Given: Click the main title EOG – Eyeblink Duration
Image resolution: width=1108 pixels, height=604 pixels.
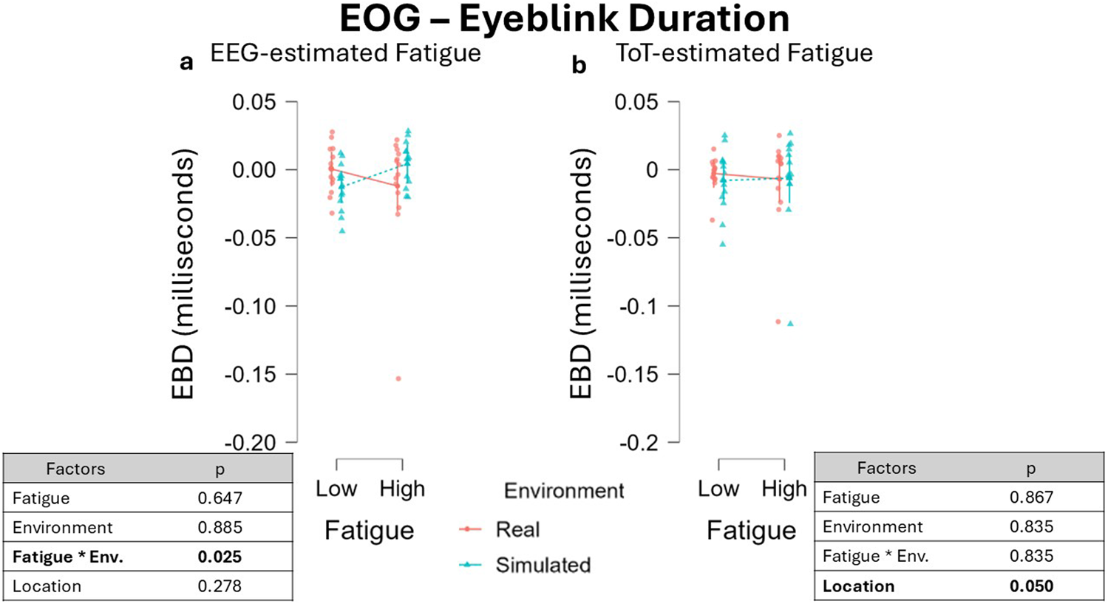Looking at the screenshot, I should pyautogui.click(x=564, y=19).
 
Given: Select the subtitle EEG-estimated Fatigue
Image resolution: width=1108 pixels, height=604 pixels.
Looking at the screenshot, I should pyautogui.click(x=345, y=53).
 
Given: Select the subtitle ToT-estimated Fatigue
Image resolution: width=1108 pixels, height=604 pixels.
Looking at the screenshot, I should pyautogui.click(x=744, y=53).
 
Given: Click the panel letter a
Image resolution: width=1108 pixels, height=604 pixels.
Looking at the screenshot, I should pyautogui.click(x=186, y=63).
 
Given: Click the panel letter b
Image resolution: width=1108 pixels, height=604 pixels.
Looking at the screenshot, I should pyautogui.click(x=579, y=66).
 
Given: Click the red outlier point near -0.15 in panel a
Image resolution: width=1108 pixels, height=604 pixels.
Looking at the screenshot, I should pyautogui.click(x=398, y=379).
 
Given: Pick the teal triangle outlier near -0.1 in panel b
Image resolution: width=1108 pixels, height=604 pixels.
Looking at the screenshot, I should pyautogui.click(x=790, y=323).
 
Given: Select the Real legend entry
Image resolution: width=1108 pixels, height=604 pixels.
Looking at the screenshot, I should pyautogui.click(x=517, y=529).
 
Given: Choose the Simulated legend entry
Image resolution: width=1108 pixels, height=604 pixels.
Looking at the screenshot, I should pyautogui.click(x=543, y=565).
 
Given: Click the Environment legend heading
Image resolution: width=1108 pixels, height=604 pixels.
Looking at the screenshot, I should pyautogui.click(x=564, y=491).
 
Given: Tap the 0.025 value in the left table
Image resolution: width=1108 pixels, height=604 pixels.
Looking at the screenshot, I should pyautogui.click(x=220, y=557).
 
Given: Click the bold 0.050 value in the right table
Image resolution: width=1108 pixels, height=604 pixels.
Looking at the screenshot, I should pyautogui.click(x=1031, y=586).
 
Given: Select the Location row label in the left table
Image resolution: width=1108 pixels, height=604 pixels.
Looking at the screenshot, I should pyautogui.click(x=47, y=586).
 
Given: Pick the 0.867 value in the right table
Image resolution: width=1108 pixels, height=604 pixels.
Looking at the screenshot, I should pyautogui.click(x=1031, y=498).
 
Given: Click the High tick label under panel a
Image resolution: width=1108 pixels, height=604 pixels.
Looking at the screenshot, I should pyautogui.click(x=402, y=489).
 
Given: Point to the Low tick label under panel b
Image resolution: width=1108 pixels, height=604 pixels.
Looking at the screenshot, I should pyautogui.click(x=718, y=489).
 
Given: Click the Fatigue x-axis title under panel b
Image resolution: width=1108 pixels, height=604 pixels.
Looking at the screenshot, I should pyautogui.click(x=751, y=531).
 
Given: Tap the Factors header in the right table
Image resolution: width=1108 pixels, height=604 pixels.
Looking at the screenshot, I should pyautogui.click(x=886, y=468).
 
